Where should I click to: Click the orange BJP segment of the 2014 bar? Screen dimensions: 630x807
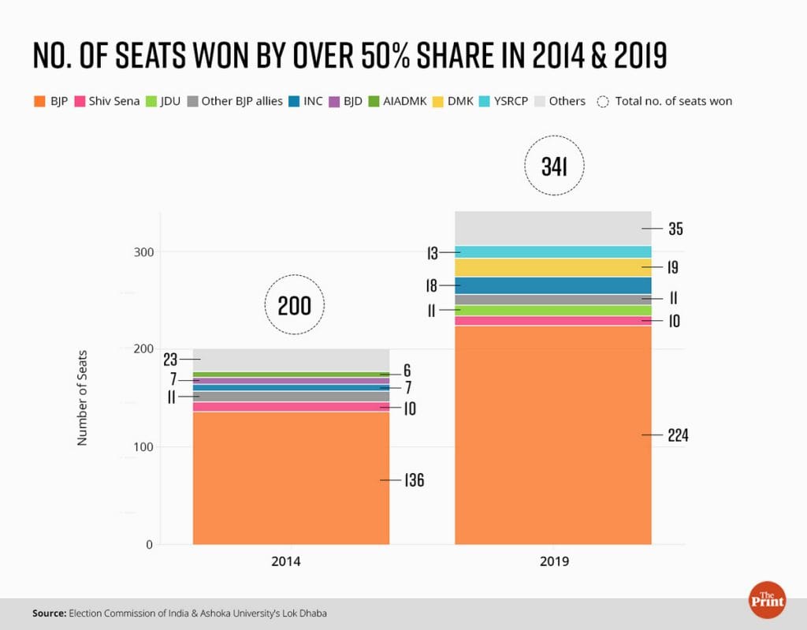(x=291, y=478)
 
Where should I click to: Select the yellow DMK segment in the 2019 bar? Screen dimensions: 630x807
(x=553, y=267)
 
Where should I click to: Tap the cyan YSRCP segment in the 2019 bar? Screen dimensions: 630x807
(x=553, y=252)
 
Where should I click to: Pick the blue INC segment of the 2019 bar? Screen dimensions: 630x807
(x=553, y=285)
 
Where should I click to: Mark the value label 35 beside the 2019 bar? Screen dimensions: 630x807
(x=675, y=229)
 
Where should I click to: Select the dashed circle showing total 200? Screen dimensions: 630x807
(x=294, y=305)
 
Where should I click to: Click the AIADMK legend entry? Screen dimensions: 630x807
(x=401, y=101)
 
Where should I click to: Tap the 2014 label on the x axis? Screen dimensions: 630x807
(x=291, y=562)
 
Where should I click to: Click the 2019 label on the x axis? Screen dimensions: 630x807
(x=553, y=562)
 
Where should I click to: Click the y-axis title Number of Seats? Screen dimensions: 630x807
(x=82, y=398)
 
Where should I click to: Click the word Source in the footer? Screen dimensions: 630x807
(x=49, y=613)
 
